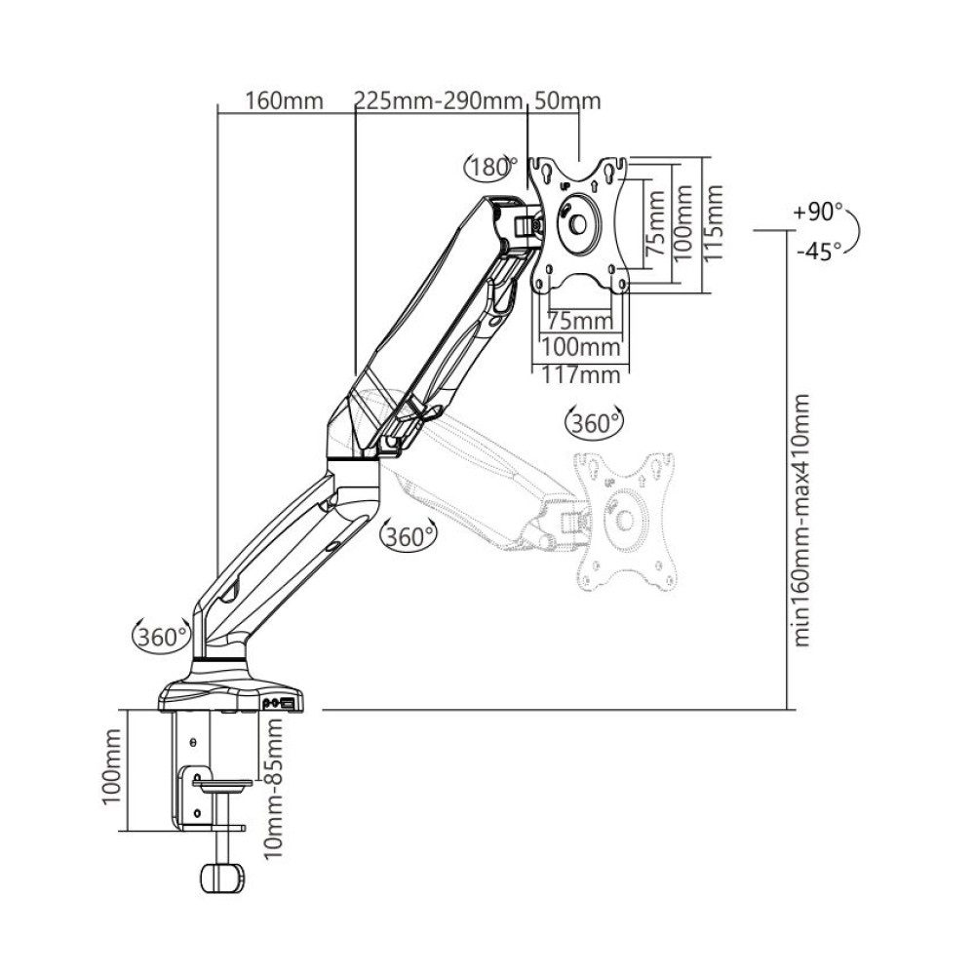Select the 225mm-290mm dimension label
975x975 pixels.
click(x=440, y=101)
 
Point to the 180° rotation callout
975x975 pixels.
click(x=490, y=168)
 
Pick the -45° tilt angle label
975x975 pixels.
click(x=817, y=252)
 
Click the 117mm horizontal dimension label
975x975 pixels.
click(x=581, y=374)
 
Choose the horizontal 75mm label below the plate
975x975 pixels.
click(x=579, y=320)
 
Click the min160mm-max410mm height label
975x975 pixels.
click(x=802, y=520)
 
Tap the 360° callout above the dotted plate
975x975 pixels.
click(x=594, y=423)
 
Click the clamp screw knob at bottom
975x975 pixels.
click(x=222, y=876)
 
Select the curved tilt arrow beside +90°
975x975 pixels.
click(x=857, y=232)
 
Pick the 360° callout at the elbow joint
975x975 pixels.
click(x=409, y=535)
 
